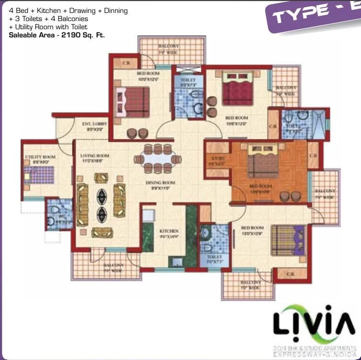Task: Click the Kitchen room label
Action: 169,233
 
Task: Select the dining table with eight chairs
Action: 158,158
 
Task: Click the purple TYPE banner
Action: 312,14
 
